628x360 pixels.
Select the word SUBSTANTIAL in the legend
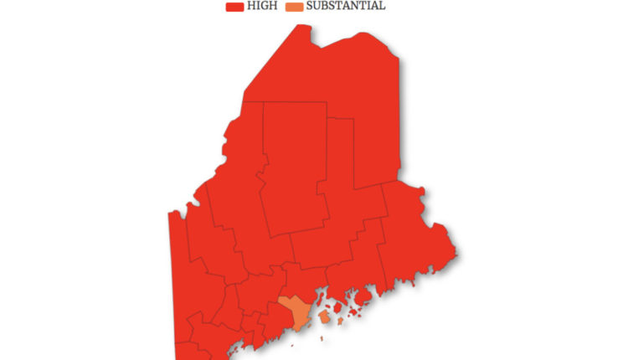tap(346, 7)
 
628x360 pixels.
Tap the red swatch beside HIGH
tap(234, 7)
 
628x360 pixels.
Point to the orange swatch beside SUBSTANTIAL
tap(295, 7)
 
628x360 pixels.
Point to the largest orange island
tap(324, 317)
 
